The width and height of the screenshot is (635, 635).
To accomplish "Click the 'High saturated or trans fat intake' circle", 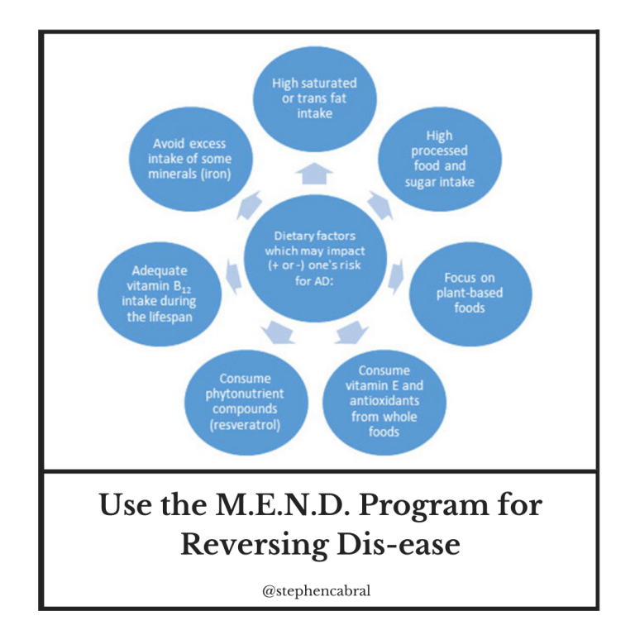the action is coord(315,98).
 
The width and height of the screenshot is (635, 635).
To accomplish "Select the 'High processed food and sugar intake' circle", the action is coord(440,159).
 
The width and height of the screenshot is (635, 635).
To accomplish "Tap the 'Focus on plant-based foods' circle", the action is coord(470,294).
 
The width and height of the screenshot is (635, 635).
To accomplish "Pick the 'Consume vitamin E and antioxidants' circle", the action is coord(384,402).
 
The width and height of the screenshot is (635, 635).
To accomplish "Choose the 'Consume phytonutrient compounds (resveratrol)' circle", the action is coord(246,402).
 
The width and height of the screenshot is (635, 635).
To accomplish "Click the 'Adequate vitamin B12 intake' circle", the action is coord(160,294).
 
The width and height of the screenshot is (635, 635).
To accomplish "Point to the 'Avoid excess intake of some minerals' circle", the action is coord(191,159).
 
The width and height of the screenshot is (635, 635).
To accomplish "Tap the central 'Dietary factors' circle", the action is coord(315,258).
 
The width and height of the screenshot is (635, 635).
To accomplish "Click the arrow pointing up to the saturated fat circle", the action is coord(314,174).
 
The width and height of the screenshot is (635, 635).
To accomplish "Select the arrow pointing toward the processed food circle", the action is coord(380,205).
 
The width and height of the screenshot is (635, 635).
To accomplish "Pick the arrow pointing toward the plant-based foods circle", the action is coord(396,277).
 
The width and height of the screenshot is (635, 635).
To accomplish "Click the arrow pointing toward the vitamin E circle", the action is coord(351,332).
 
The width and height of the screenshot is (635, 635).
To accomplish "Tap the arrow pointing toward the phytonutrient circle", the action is coord(278,332).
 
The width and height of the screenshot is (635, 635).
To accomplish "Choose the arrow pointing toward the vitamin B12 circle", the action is coord(234,277).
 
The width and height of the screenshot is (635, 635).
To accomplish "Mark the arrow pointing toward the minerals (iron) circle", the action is coord(250,205).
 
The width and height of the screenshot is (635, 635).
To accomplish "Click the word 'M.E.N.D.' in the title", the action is coord(283,505).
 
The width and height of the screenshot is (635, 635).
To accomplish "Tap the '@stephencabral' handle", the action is coord(317,591).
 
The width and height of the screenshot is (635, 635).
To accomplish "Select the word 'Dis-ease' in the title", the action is coord(399,544).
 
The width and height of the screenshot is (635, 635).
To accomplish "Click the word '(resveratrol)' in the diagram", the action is coord(245,425).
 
